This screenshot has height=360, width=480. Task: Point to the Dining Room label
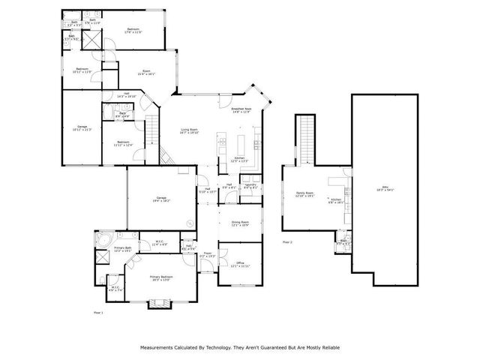[239, 224]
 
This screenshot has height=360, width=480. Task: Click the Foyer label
[207, 254]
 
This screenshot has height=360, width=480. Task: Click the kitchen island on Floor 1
[241, 142]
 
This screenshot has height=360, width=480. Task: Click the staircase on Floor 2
[306, 139]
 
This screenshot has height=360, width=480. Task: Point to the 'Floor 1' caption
[97, 311]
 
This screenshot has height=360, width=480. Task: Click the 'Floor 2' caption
[287, 242]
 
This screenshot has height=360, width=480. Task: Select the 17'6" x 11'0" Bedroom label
[133, 31]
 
